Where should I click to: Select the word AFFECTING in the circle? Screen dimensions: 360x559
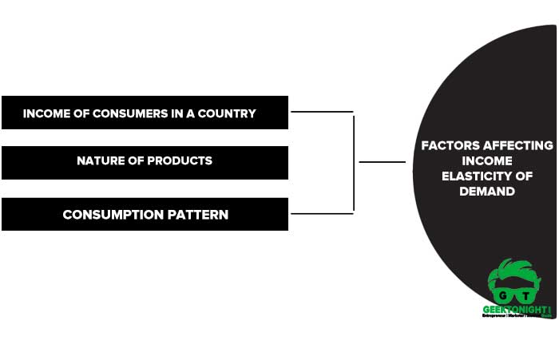tap(520, 145)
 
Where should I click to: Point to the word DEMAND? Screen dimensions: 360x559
tap(487, 192)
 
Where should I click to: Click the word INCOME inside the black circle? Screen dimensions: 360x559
tap(487, 160)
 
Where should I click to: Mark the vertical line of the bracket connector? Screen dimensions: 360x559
tap(353, 163)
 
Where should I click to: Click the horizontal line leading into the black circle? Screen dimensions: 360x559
tap(382, 162)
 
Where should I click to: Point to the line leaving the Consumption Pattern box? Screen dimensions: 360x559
tap(321, 213)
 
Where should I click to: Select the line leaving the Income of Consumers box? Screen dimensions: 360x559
tap(321, 112)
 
